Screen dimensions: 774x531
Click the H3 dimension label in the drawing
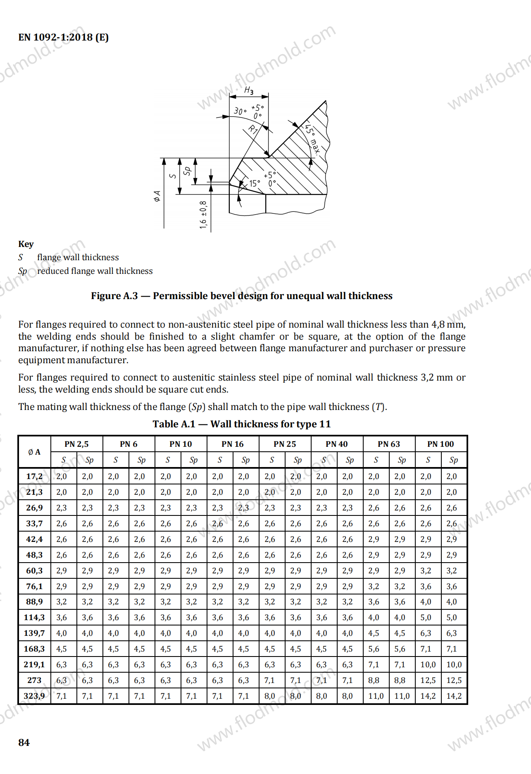click(x=249, y=90)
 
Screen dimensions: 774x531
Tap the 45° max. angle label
click(x=312, y=139)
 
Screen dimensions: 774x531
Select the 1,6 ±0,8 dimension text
click(x=203, y=215)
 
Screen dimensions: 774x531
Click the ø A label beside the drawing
click(x=157, y=196)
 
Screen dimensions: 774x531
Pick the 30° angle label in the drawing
click(x=240, y=111)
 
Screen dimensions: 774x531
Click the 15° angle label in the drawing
click(x=255, y=183)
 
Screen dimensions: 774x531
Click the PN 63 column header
click(x=389, y=444)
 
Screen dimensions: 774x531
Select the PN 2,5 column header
click(x=76, y=444)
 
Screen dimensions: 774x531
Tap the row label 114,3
click(x=34, y=617)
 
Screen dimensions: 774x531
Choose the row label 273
click(x=34, y=680)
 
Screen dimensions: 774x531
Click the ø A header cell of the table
click(x=34, y=452)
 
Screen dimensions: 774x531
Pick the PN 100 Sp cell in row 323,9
click(x=454, y=696)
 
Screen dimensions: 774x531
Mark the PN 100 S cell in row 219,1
click(x=428, y=664)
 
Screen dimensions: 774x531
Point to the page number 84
click(x=24, y=742)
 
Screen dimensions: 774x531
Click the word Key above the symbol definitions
click(x=26, y=244)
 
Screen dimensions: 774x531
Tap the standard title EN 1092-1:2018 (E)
click(x=63, y=37)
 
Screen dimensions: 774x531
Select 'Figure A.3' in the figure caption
click(x=114, y=296)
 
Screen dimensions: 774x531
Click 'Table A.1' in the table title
click(x=174, y=424)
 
